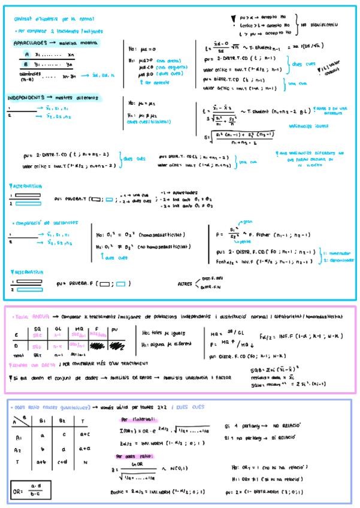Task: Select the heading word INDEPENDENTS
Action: [30, 98]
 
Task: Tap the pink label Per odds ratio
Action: [132, 456]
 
